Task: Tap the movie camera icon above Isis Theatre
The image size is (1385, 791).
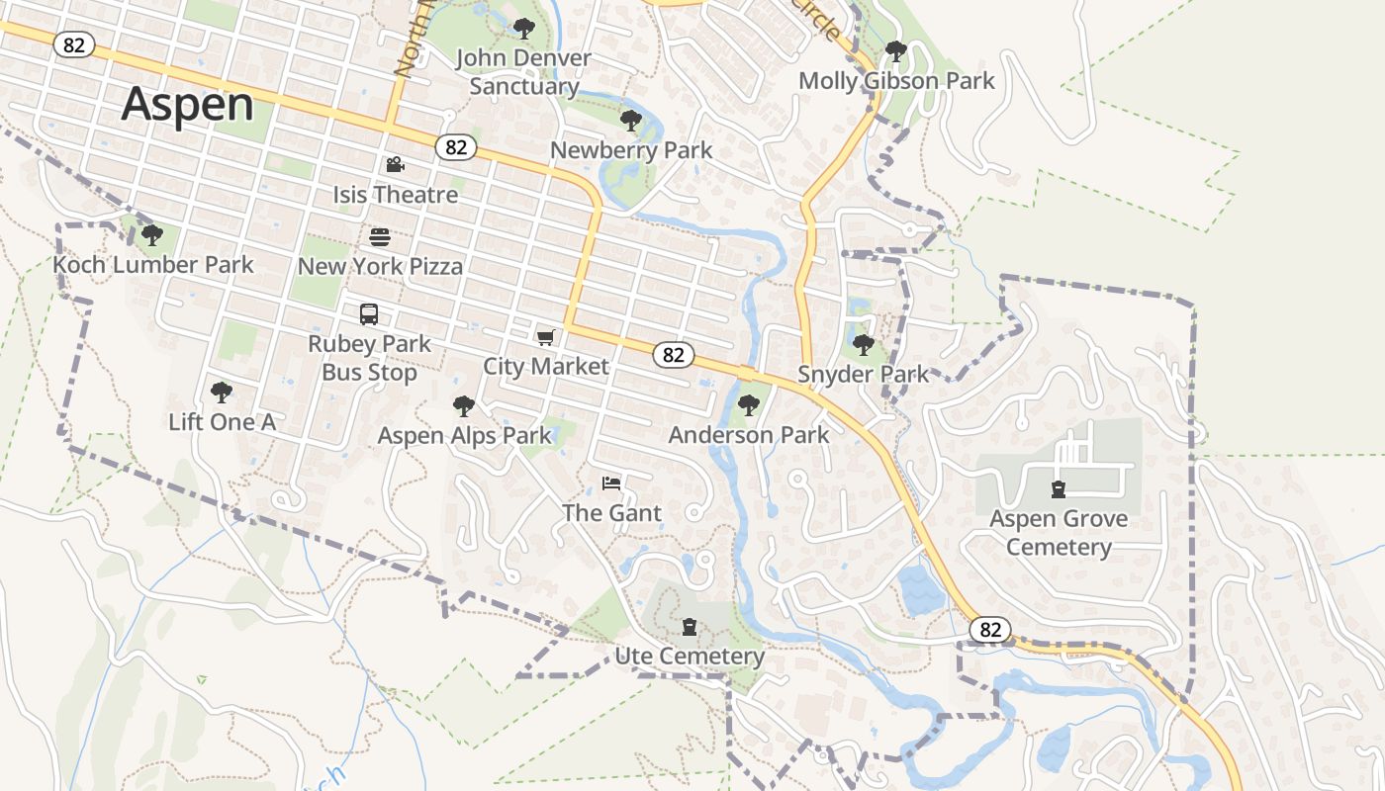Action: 395,164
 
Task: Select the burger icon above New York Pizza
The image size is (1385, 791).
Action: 380,236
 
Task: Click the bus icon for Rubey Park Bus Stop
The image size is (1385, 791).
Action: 369,314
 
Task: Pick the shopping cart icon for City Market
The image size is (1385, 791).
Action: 545,337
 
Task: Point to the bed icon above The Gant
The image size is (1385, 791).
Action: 611,483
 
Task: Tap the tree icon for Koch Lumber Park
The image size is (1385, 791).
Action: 151,235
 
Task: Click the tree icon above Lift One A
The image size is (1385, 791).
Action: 222,393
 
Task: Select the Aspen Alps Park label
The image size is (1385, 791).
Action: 464,436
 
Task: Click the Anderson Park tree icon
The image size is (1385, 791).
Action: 749,404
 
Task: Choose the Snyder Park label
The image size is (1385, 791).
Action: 864,375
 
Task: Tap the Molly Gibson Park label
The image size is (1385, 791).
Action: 896,81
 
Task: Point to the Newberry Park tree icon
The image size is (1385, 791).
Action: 630,122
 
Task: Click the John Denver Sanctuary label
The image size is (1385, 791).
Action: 523,72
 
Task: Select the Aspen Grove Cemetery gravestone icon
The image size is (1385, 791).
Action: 1059,488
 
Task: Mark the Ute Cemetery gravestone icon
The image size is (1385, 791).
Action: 690,627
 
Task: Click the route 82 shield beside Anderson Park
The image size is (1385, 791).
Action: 674,355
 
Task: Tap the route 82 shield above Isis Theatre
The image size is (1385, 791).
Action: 455,147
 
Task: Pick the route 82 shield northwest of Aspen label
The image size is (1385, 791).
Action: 74,44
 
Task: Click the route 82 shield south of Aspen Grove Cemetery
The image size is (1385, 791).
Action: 990,630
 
